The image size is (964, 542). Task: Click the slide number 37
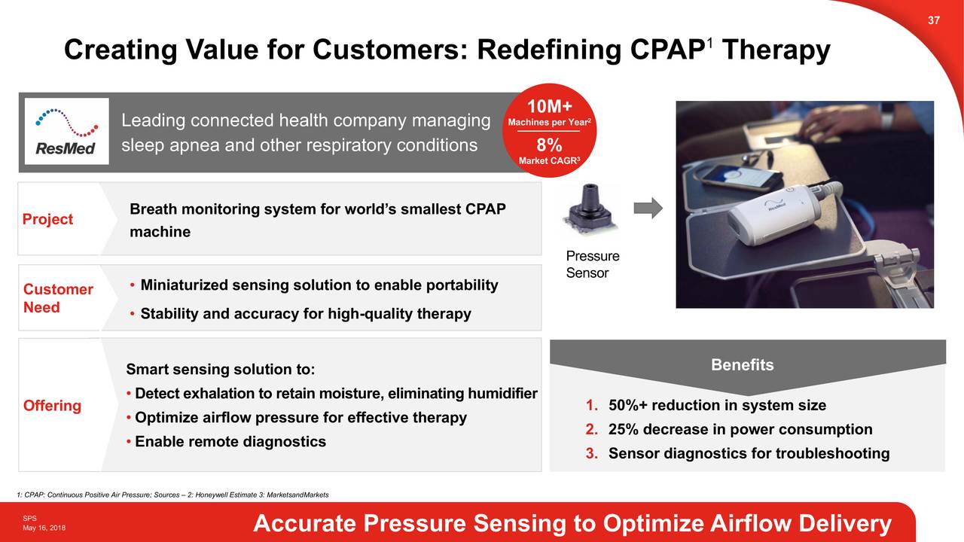(933, 20)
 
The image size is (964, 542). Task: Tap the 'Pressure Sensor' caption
(592, 265)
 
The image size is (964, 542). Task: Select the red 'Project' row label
(47, 219)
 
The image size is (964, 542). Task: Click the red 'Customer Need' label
(58, 299)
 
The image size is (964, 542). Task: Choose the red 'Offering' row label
(52, 406)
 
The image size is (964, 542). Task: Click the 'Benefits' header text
(742, 365)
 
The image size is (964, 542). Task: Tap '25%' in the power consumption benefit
(623, 430)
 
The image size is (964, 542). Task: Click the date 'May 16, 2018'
(44, 528)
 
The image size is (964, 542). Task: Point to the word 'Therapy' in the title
(775, 50)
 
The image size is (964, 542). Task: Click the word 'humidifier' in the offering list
(502, 394)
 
